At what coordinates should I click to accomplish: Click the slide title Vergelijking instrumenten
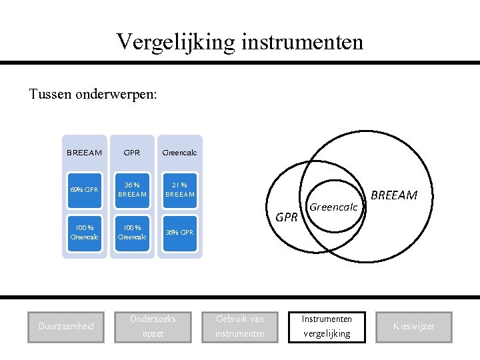tap(240, 42)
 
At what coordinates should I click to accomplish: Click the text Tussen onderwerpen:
tap(93, 94)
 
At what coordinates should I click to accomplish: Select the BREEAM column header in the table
tap(84, 153)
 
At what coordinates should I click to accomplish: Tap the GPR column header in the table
tap(132, 153)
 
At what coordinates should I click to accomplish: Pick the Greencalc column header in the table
tap(179, 153)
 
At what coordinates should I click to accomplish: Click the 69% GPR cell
tap(84, 190)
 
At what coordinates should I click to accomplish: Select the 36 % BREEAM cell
tap(132, 190)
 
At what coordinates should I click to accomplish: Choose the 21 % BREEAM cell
tap(179, 190)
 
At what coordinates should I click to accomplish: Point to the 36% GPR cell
tap(179, 233)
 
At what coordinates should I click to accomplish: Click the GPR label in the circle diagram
tap(287, 217)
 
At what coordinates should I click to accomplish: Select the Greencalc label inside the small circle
tap(334, 207)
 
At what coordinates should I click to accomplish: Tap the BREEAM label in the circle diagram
tap(393, 195)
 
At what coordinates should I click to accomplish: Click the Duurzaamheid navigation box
tap(66, 327)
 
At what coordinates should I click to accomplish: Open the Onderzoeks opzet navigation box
tap(153, 327)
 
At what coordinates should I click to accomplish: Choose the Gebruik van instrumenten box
tap(240, 327)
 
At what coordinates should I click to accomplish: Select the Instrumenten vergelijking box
tap(327, 327)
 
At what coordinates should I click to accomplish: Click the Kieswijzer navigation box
tap(413, 327)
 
